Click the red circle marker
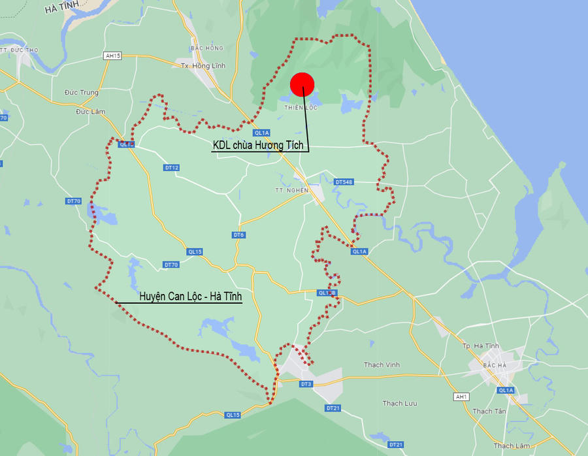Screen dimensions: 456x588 point(302,84)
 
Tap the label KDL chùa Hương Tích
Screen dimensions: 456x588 point(257,145)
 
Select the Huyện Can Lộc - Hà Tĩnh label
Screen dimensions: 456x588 point(190,297)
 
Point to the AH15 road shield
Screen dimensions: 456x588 point(113,56)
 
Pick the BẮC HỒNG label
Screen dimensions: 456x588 point(206,48)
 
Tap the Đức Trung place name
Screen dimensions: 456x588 point(82,93)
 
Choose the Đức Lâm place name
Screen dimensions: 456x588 point(90,112)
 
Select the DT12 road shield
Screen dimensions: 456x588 point(172,168)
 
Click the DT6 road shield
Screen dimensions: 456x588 point(238,235)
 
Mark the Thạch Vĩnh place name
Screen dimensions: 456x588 point(382,365)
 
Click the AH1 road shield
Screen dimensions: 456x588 point(461,397)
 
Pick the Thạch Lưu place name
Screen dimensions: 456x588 point(399,403)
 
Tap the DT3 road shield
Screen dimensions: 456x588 point(306,384)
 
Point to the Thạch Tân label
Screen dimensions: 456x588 point(489,411)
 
